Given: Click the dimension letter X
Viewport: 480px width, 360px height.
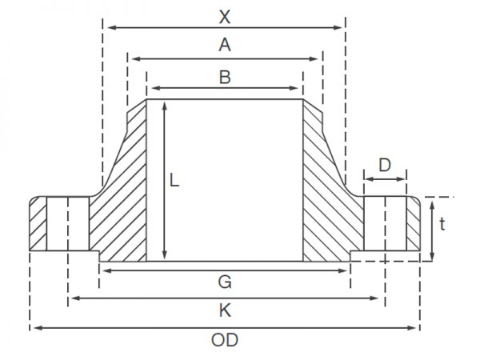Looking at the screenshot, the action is coord(225,17).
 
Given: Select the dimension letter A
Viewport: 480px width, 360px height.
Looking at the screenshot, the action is coord(225,45).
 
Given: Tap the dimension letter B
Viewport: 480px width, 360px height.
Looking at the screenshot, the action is coord(225,77).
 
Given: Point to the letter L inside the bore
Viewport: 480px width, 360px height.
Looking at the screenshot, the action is coord(174,180).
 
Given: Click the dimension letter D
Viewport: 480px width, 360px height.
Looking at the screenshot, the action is coord(385,165).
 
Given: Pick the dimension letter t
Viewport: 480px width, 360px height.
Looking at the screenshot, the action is coord(442,224).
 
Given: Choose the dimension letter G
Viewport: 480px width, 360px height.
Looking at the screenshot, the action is coord(225,282).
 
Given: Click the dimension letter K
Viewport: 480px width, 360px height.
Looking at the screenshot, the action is coord(225,310).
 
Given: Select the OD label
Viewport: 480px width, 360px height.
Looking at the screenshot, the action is coord(225,340).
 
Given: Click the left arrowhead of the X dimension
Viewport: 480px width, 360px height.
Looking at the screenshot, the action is coord(112,27).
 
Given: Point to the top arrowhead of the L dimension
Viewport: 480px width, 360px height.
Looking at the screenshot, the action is coord(165,106).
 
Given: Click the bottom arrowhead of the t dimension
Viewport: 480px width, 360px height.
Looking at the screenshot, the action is coord(432,257).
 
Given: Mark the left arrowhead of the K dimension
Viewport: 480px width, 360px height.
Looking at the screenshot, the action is coord(75,298).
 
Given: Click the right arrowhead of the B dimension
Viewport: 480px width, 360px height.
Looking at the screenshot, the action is coord(294,88).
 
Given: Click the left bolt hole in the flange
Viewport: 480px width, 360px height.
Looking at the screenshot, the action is coord(68,224).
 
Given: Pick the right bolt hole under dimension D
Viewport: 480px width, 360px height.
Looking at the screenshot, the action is coord(385,223).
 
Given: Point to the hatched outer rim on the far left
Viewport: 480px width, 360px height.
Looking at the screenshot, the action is coord(38,224).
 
